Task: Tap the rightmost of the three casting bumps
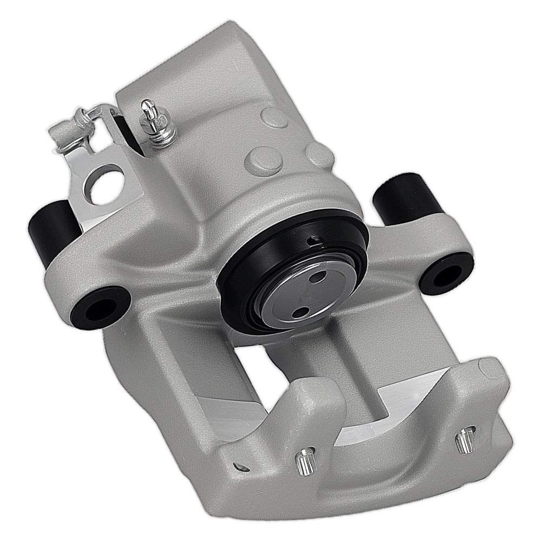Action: (320, 154)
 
